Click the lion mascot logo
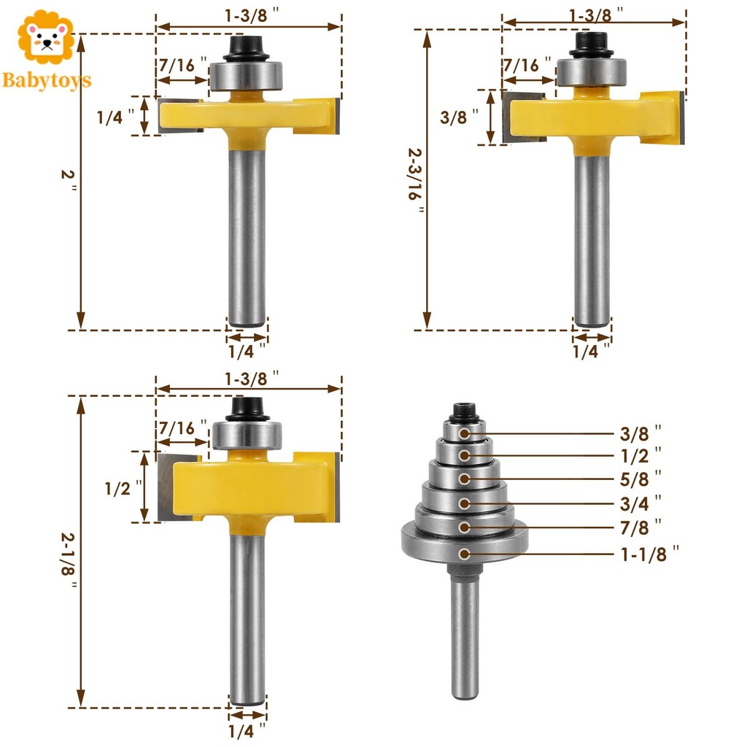point(46,38)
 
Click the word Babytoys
point(46,80)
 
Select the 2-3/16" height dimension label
point(415,180)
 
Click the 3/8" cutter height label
point(459,117)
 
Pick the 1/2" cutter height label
point(123,488)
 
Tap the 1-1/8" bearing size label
point(649,554)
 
